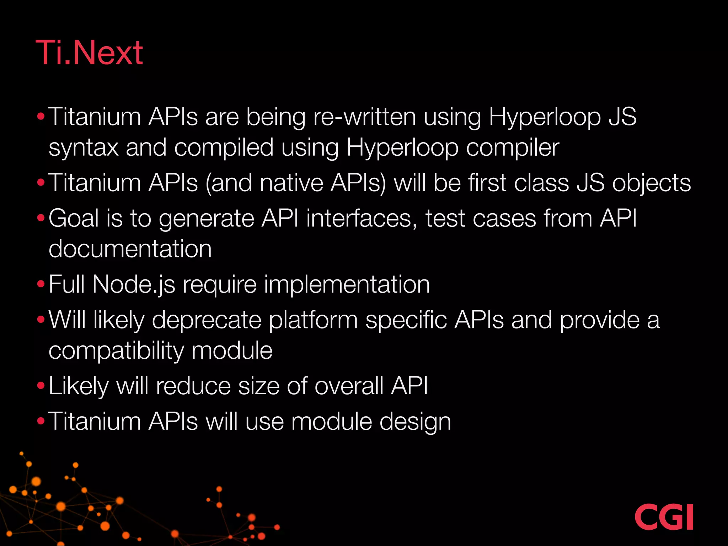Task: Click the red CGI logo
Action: pyautogui.click(x=664, y=517)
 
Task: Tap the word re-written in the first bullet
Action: pyautogui.click(x=364, y=117)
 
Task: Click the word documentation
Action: pyautogui.click(x=130, y=249)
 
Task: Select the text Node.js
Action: pyautogui.click(x=134, y=284)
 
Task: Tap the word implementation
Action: pyautogui.click(x=347, y=284)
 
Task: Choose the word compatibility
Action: pyautogui.click(x=116, y=351)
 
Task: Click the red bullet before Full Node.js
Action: pyautogui.click(x=41, y=284)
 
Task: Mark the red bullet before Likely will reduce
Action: pyautogui.click(x=41, y=386)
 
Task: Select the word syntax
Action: pyautogui.click(x=84, y=148)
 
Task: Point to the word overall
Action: pyautogui.click(x=349, y=386)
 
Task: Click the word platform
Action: pyautogui.click(x=313, y=320)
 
